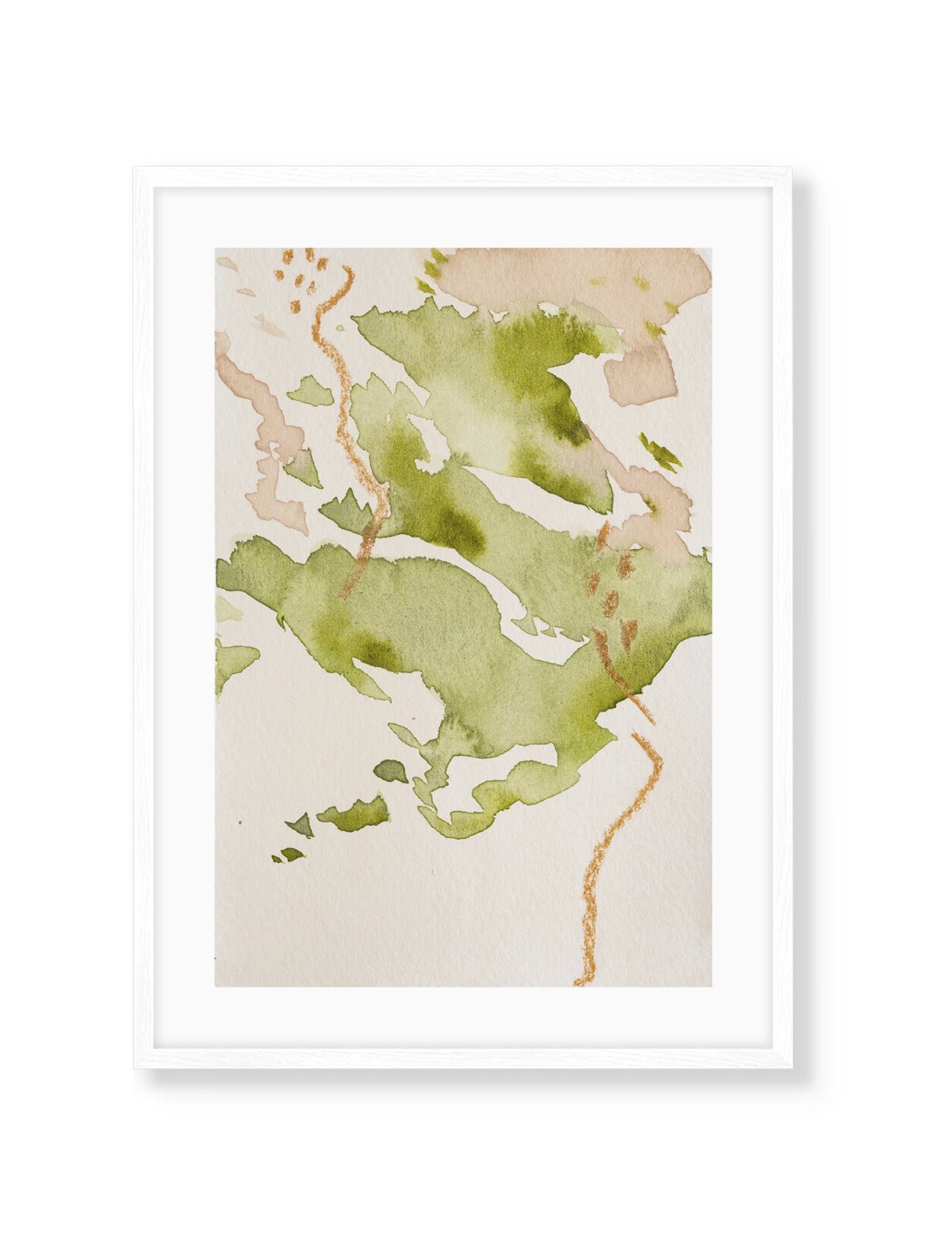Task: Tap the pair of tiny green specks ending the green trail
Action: (x=287, y=854)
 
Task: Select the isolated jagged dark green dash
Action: (x=660, y=452)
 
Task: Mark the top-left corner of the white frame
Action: (x=135, y=168)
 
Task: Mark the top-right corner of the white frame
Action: (x=792, y=168)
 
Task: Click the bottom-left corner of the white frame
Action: (x=135, y=1068)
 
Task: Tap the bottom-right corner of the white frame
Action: (x=792, y=1068)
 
